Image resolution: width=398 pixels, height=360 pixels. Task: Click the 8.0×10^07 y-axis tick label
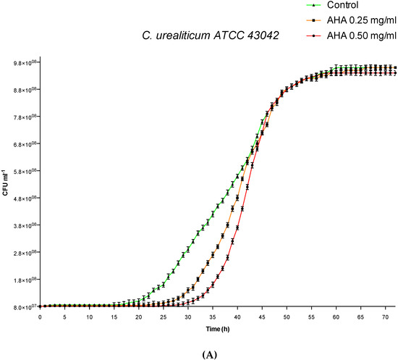[x=21, y=307]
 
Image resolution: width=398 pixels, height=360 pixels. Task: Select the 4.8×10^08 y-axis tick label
[x=21, y=198]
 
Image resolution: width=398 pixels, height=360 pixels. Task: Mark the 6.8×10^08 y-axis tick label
[x=21, y=144]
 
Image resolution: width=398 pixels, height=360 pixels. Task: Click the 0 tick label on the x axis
[x=40, y=317]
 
